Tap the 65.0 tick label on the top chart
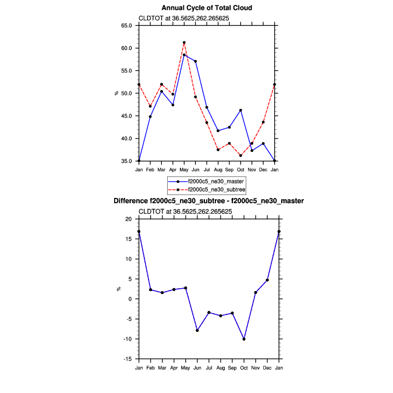coord(126,26)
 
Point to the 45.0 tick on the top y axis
coord(126,116)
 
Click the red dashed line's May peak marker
coord(184,43)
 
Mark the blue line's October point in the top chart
coord(240,110)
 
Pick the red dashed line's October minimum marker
coord(240,155)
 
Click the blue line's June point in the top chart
coord(195,61)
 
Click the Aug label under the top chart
coord(218,169)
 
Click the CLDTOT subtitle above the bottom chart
coord(185,211)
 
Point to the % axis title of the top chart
coord(116,93)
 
